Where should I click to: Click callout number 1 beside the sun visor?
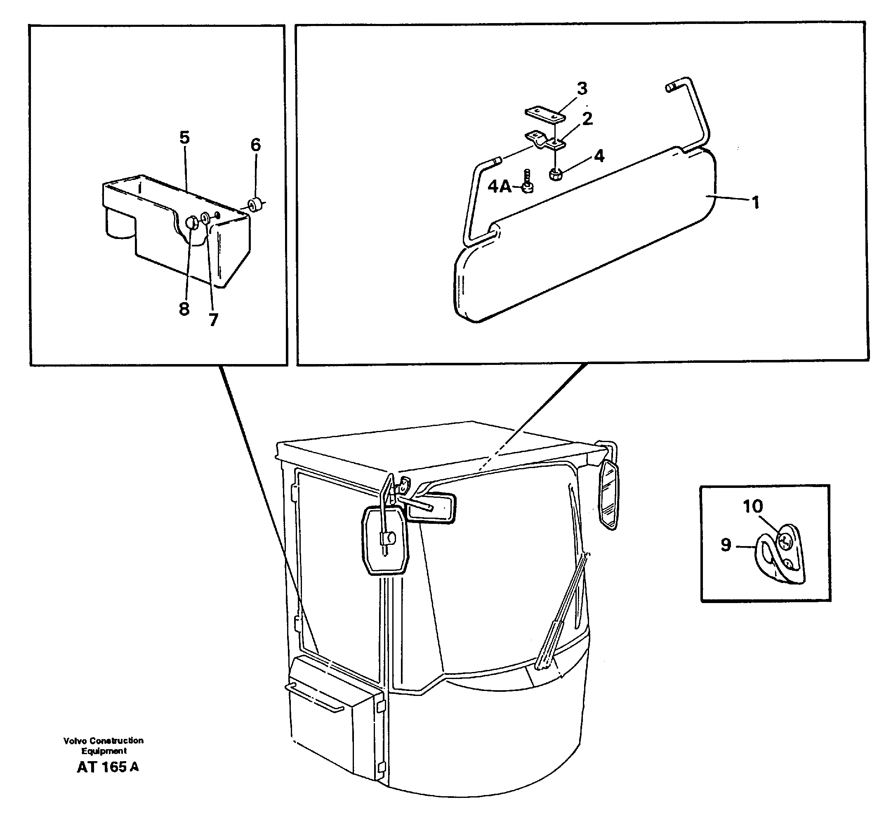coord(756,203)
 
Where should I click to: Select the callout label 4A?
coord(500,187)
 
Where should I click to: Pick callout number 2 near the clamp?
coord(587,119)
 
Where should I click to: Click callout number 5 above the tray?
coord(184,138)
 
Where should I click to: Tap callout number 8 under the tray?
coord(184,308)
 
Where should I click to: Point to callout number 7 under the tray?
coord(214,319)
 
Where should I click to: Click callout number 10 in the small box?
coord(752,506)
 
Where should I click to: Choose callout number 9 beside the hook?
coord(726,545)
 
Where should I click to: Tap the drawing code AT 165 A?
coord(107,767)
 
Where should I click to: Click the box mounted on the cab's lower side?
coord(334,715)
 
